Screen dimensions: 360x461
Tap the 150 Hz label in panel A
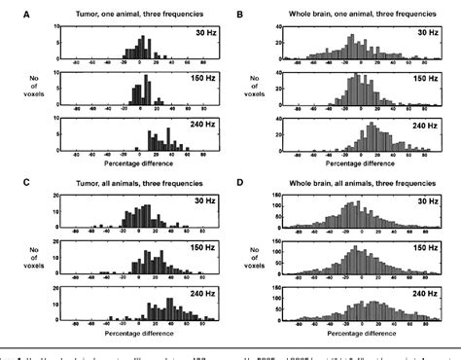(x=195, y=80)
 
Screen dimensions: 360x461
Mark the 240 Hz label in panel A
(x=195, y=125)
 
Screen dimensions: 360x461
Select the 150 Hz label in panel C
(x=195, y=249)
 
